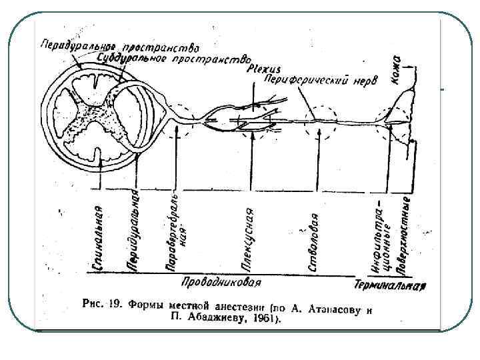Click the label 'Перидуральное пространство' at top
119,47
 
